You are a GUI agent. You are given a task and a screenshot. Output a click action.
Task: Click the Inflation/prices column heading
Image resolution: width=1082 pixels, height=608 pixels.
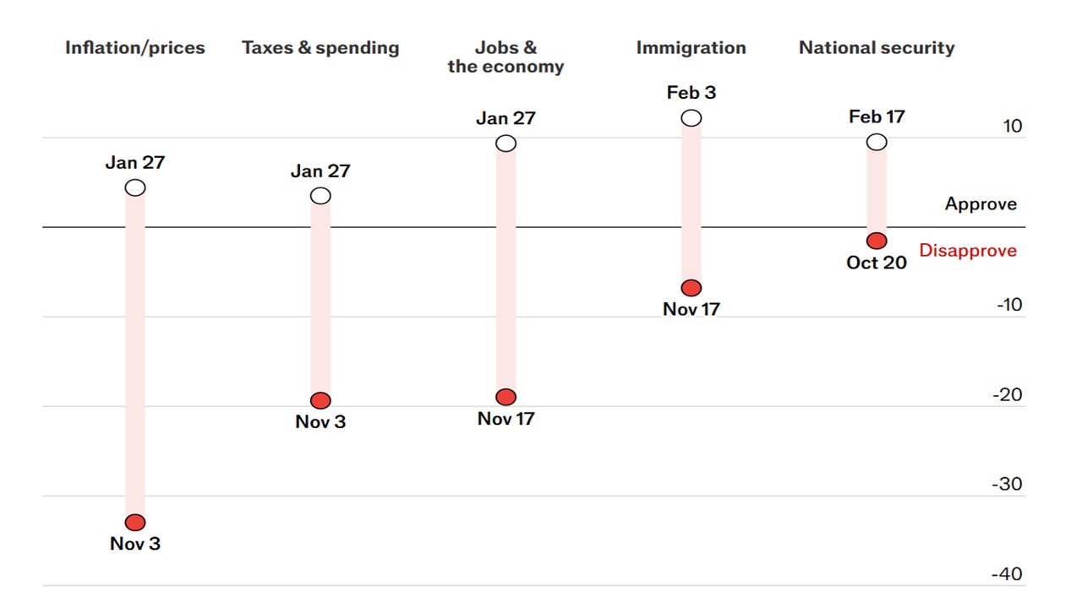[x=135, y=48]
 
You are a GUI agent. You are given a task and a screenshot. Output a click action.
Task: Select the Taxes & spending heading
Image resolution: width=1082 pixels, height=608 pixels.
[x=320, y=48]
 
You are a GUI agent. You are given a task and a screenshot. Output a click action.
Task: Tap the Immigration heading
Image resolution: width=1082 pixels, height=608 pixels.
[x=691, y=48]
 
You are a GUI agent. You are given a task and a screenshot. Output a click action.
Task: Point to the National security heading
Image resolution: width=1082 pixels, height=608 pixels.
[x=877, y=48]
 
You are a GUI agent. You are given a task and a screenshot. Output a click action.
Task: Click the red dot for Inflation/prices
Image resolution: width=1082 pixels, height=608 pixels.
[x=135, y=523]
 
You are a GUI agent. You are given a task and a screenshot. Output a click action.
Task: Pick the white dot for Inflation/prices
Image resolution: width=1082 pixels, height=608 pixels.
[x=135, y=187]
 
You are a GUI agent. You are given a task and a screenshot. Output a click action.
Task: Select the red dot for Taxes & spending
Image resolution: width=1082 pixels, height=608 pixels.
[x=320, y=400]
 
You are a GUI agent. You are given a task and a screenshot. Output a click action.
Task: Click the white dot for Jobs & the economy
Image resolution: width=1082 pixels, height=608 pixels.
[x=505, y=144]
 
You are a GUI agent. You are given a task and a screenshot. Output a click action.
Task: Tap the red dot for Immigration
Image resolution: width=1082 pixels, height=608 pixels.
[x=691, y=288]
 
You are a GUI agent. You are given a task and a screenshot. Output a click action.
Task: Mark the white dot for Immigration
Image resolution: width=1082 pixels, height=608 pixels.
[x=691, y=118]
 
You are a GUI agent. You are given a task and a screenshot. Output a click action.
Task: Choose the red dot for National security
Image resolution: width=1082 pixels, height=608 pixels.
[x=877, y=241]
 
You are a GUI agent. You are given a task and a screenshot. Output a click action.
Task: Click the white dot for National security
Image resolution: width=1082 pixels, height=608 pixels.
[x=877, y=142]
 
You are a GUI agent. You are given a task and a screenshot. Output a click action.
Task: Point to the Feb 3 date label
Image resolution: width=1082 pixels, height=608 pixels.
[x=691, y=93]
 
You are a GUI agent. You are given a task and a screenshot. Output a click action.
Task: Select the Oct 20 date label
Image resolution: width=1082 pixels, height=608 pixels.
[x=877, y=263]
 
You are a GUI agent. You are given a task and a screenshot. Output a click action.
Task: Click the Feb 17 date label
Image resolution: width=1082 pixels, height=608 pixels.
[x=877, y=117]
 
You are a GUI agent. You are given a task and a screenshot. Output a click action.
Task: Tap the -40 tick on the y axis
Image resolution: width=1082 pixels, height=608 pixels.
[x=1008, y=574]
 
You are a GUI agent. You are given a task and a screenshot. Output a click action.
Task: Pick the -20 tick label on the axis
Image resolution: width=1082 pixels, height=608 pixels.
[x=1008, y=395]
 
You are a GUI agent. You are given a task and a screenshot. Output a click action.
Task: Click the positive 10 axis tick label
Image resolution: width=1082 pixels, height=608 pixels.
[x=1013, y=127]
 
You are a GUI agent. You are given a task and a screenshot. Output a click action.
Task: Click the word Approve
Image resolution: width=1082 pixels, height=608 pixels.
[x=981, y=204]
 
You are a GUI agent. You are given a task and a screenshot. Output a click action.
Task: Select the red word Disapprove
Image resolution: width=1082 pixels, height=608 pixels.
[x=968, y=251]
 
